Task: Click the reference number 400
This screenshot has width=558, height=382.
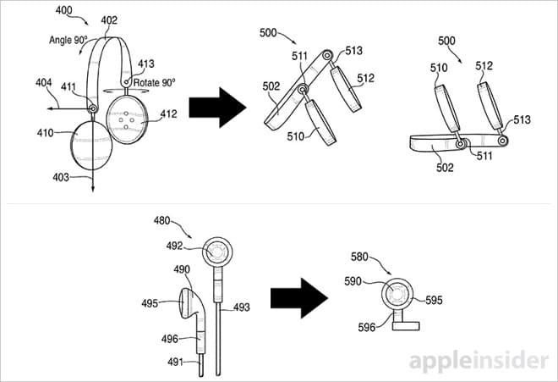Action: [63, 10]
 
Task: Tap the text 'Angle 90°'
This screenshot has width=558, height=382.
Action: [68, 40]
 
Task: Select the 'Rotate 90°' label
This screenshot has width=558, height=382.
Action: [155, 83]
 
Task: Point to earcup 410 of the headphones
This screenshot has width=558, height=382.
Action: [91, 146]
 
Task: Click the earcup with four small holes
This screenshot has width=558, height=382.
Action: [127, 119]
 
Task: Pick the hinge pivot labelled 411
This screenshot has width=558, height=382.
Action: [93, 108]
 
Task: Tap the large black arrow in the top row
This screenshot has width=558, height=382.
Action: [217, 108]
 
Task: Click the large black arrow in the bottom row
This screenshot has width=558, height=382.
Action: [299, 298]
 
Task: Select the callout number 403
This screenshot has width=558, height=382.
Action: [61, 177]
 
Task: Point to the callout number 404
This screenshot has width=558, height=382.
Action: [43, 83]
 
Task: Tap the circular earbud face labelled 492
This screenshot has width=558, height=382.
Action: [217, 252]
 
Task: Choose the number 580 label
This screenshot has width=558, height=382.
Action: [359, 257]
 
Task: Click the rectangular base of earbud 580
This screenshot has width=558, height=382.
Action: [406, 325]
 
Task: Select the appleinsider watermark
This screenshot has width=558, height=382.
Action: [479, 361]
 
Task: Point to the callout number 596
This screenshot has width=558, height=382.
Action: [367, 327]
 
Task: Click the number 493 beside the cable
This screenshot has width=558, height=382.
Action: [242, 307]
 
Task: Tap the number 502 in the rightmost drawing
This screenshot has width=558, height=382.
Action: [445, 167]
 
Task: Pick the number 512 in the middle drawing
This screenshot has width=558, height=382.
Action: [366, 78]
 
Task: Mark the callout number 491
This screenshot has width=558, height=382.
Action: [176, 363]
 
